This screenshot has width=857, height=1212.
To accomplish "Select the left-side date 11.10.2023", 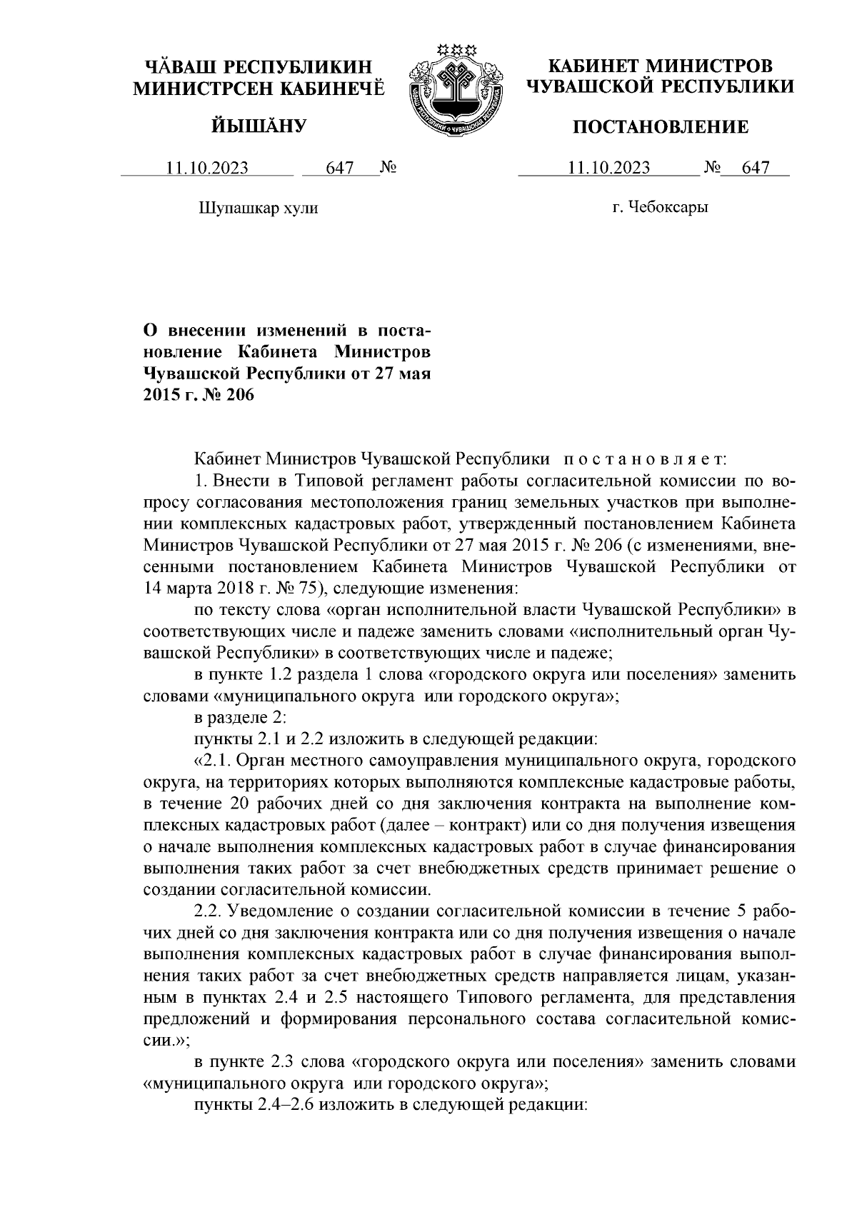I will pos(207,168).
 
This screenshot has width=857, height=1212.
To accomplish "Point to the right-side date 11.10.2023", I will pos(609,168).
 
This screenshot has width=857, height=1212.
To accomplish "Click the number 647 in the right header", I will pos(756,168).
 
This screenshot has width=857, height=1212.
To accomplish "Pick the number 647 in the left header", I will pos(340,168).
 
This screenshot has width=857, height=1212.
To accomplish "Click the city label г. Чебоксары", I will pos(660,208).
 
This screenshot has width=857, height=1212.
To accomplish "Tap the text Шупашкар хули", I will pos(258,208).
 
